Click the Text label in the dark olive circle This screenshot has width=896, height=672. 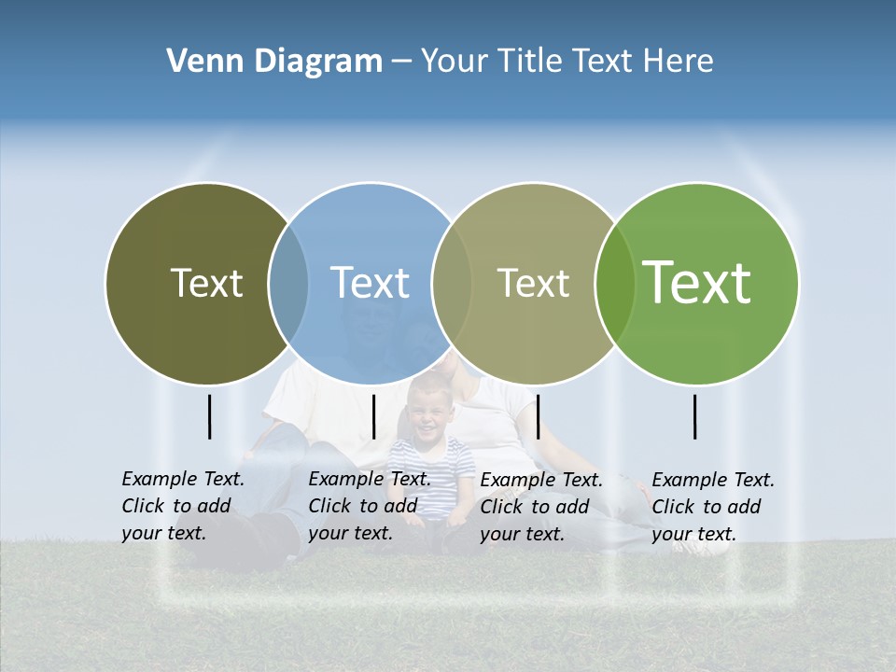(206, 283)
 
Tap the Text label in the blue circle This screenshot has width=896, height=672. (370, 283)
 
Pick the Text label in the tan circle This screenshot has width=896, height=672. (533, 283)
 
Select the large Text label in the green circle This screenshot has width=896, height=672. (697, 283)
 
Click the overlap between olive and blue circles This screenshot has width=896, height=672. (288, 283)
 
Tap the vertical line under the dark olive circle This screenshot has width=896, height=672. (209, 416)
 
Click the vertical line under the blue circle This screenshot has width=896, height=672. (373, 416)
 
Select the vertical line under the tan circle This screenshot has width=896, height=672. (538, 416)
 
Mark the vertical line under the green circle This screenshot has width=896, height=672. (694, 416)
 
